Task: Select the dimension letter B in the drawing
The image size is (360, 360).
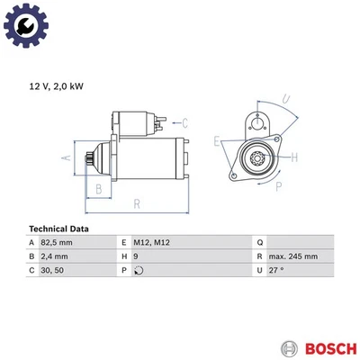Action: [x=99, y=188]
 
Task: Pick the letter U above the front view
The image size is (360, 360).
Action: [x=284, y=98]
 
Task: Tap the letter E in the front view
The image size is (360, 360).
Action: [x=217, y=141]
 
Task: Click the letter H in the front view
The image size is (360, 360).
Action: [x=295, y=157]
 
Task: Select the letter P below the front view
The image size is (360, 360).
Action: [x=279, y=186]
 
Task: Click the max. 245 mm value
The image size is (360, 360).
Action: [x=292, y=256]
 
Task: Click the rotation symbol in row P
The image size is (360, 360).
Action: [x=137, y=269]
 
